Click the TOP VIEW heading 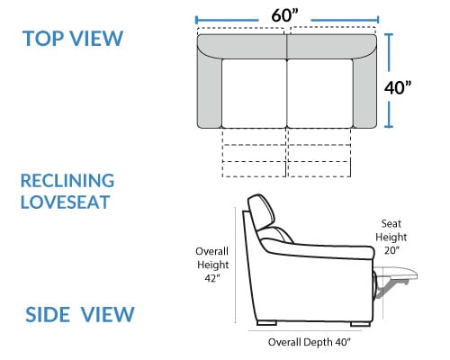click(73, 38)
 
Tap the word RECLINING click(67, 181)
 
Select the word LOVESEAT click(65, 202)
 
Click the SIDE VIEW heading click(80, 314)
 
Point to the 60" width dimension click(285, 15)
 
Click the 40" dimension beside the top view click(398, 87)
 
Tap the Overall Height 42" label click(212, 265)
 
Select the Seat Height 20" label click(391, 237)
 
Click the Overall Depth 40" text click(309, 342)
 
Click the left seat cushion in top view click(254, 94)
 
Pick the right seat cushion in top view click(320, 94)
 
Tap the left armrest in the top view click(210, 90)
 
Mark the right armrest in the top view click(364, 90)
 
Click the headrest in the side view click(261, 211)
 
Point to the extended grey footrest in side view click(396, 277)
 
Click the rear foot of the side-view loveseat click(266, 323)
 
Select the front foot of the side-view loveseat click(360, 324)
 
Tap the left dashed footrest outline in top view click(254, 153)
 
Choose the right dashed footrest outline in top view click(319, 153)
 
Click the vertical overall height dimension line click(235, 265)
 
